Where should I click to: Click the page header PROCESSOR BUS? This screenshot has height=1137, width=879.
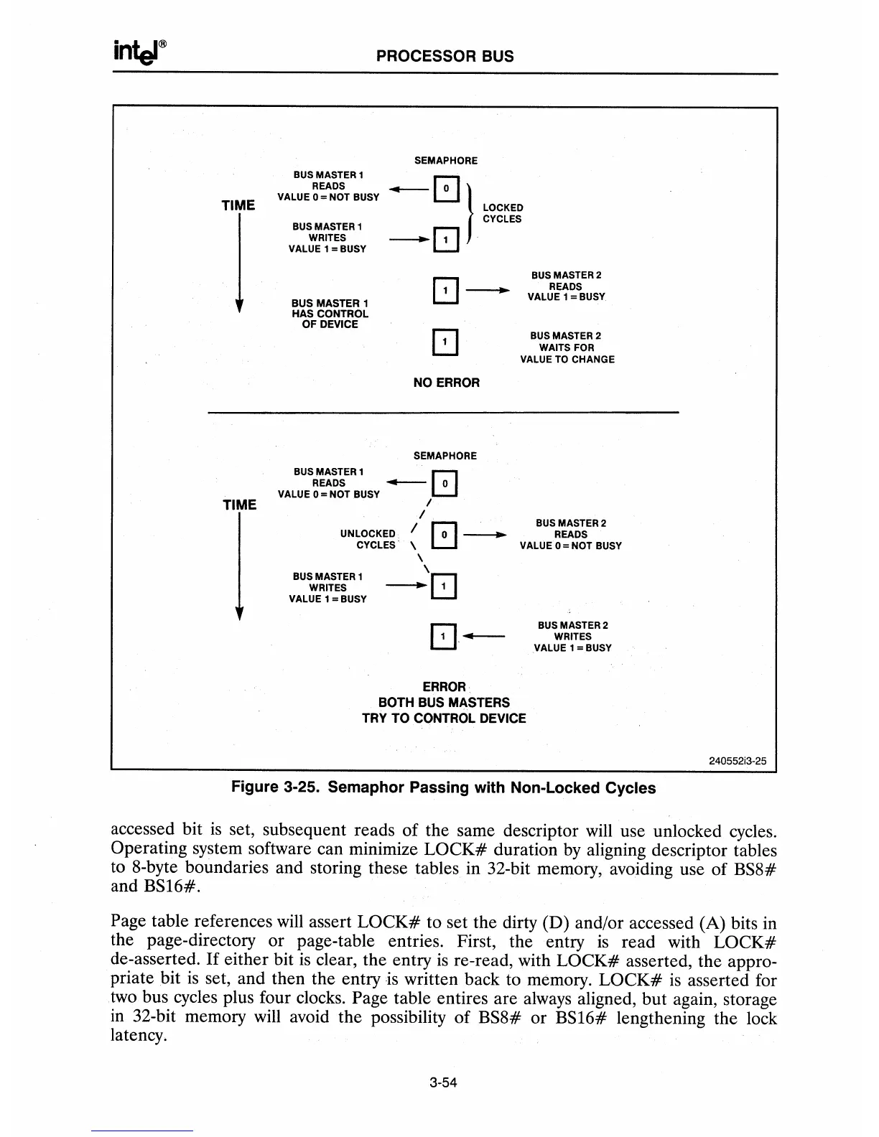coord(445,56)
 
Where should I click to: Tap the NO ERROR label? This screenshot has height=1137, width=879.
coord(446,383)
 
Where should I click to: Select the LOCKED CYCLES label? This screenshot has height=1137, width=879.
coord(502,213)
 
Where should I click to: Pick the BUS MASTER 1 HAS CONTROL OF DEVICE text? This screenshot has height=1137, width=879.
coord(330,314)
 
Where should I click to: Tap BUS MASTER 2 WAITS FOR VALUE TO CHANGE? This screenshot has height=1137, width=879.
coord(567,347)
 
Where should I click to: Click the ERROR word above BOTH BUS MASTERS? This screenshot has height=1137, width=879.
coord(444,687)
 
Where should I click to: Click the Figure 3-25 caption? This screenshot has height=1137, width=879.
coord(443,787)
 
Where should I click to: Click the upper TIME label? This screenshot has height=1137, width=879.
coord(238,205)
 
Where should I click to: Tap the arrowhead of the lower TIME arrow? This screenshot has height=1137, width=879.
coord(239,614)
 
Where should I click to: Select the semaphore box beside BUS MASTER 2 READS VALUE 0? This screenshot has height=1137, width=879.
coord(445,535)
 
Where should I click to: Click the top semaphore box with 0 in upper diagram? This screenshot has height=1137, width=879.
coord(446,188)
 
